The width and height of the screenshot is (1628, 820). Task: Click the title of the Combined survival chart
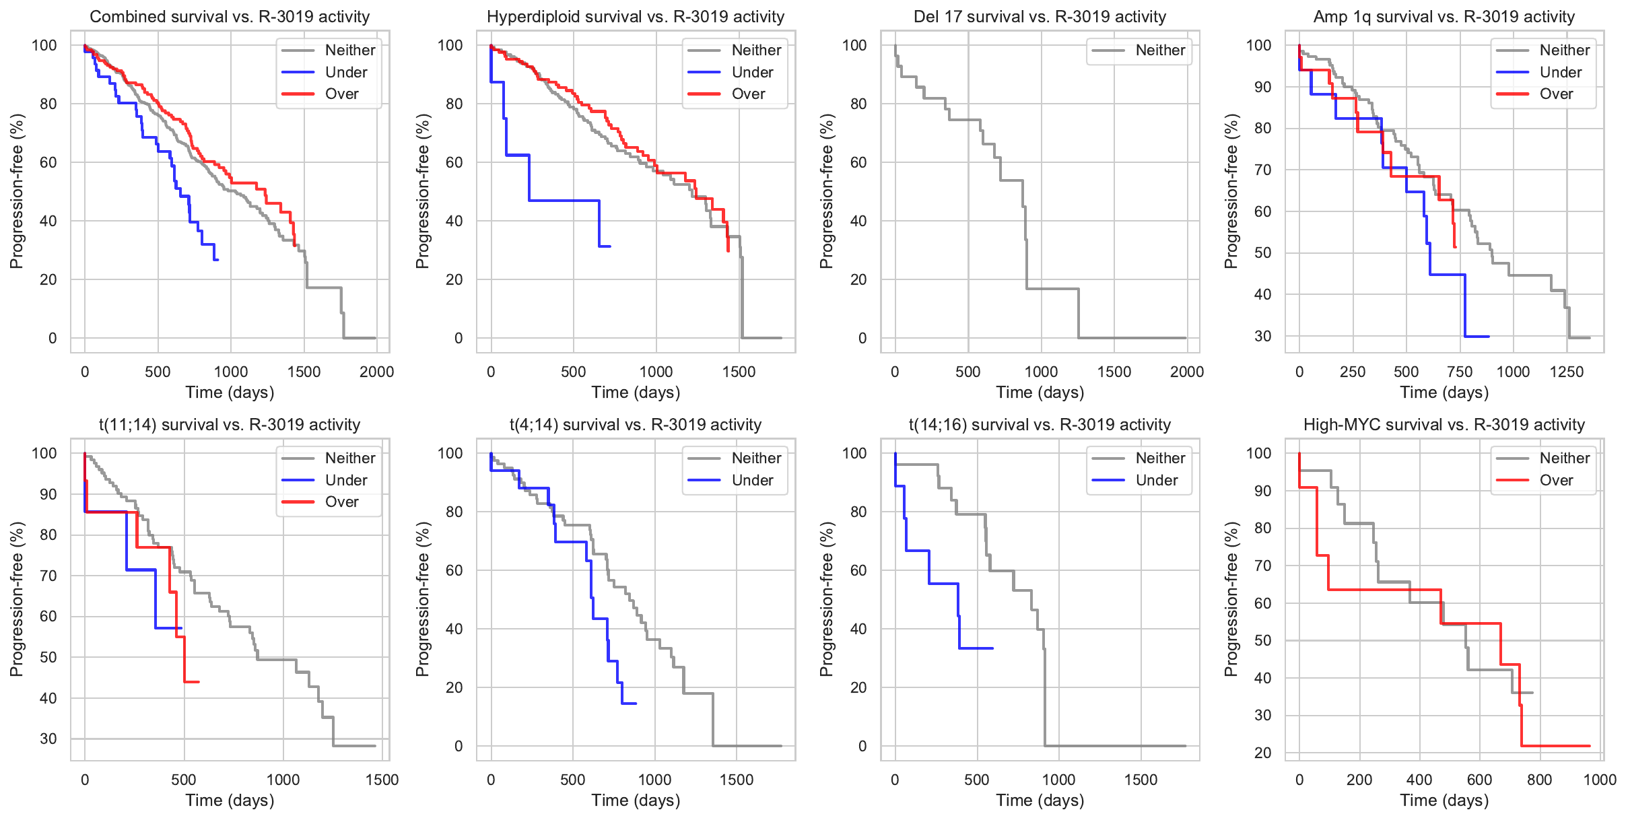coord(230,17)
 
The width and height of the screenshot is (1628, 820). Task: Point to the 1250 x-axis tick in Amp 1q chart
coord(1567,372)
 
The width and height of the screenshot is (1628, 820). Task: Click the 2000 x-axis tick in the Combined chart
coord(376,372)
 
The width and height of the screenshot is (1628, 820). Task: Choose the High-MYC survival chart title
coord(1444,425)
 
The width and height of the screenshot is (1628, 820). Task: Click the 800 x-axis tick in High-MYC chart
coord(1540,780)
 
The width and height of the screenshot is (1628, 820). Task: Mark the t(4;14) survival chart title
coord(635,425)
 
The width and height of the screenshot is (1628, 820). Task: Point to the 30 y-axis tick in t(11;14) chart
coord(48,739)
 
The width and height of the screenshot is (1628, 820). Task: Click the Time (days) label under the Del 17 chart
coord(1040,392)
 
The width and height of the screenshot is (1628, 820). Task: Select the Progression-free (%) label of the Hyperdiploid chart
coord(422,191)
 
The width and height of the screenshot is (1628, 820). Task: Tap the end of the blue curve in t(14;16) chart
coord(993,648)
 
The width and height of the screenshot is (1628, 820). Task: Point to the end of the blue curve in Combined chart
coord(217,260)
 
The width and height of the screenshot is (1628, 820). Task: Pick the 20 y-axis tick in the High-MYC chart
coord(1263,753)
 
